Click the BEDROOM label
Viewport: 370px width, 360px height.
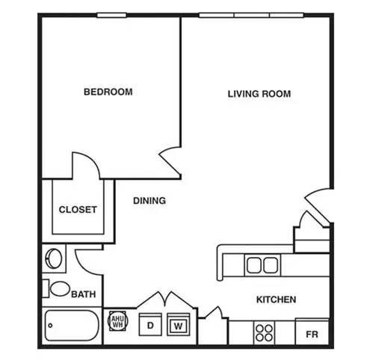[x=108, y=92]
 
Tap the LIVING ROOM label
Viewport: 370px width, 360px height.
[x=259, y=94]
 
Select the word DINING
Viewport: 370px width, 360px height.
[x=149, y=201]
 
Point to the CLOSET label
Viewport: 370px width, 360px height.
[x=78, y=210]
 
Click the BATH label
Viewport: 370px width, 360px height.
[x=84, y=294]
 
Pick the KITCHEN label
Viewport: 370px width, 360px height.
[x=276, y=300]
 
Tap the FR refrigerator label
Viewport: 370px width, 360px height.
[x=312, y=335]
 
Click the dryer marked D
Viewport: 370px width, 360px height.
[x=150, y=324]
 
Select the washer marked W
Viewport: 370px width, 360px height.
[x=179, y=324]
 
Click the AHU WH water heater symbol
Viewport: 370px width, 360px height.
[x=117, y=321]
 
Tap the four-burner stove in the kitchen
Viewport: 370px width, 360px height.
[x=264, y=333]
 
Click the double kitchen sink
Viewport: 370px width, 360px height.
[x=262, y=265]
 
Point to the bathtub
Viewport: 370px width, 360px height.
[x=72, y=326]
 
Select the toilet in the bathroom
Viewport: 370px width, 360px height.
[x=56, y=288]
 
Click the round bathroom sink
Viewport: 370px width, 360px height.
[x=54, y=258]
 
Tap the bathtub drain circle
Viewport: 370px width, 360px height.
[x=50, y=326]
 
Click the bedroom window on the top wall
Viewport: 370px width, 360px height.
[x=111, y=16]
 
